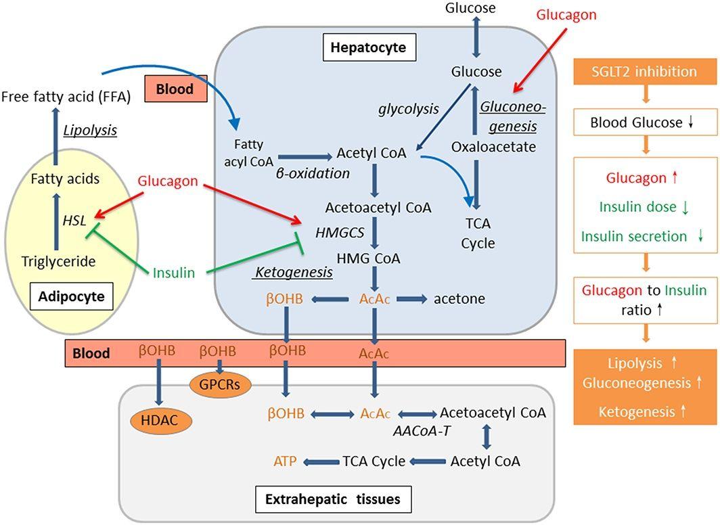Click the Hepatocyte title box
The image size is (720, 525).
point(369,47)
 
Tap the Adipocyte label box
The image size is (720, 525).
point(71,296)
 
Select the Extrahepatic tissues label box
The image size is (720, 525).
point(333,499)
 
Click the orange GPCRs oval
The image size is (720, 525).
point(220,384)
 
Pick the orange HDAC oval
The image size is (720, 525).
point(160,420)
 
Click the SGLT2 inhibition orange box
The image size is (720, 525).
point(645,72)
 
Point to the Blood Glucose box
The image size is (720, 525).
point(645,122)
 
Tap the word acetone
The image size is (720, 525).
point(459,299)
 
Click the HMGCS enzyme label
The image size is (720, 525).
point(340,233)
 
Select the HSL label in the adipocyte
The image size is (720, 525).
point(74,221)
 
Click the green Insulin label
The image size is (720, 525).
point(173,273)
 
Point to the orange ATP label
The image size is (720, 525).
point(285,461)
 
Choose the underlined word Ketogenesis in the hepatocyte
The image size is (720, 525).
point(294,272)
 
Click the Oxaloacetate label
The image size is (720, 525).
point(493,147)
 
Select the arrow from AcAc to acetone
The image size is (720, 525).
point(412,299)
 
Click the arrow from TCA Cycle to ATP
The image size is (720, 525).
point(321,461)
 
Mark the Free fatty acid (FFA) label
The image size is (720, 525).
point(66,97)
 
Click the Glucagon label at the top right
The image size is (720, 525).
point(566,15)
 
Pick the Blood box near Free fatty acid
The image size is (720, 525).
point(176,89)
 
